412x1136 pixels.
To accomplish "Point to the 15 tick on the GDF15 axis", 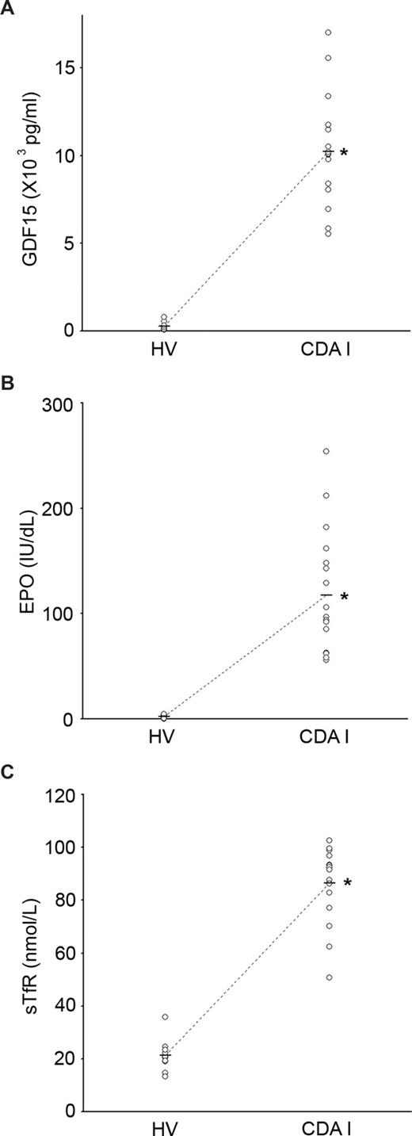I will pyautogui.click(x=64, y=67).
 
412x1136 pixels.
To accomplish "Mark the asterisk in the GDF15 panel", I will pyautogui.click(x=344, y=151).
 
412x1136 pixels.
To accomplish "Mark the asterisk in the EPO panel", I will pyautogui.click(x=344, y=596).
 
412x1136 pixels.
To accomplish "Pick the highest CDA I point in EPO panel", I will pyautogui.click(x=327, y=451).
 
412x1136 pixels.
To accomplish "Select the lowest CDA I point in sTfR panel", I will pyautogui.click(x=329, y=977).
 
